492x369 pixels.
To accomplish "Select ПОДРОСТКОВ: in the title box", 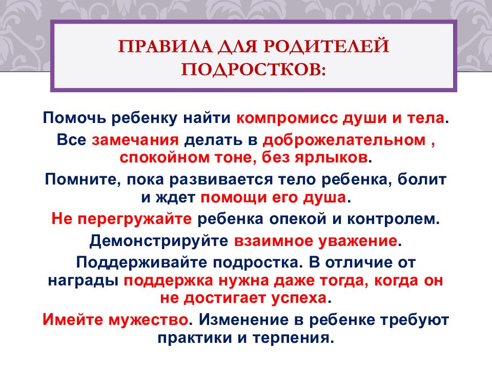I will pyautogui.click(x=254, y=69).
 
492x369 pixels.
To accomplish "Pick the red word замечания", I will pyautogui.click(x=135, y=140).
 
